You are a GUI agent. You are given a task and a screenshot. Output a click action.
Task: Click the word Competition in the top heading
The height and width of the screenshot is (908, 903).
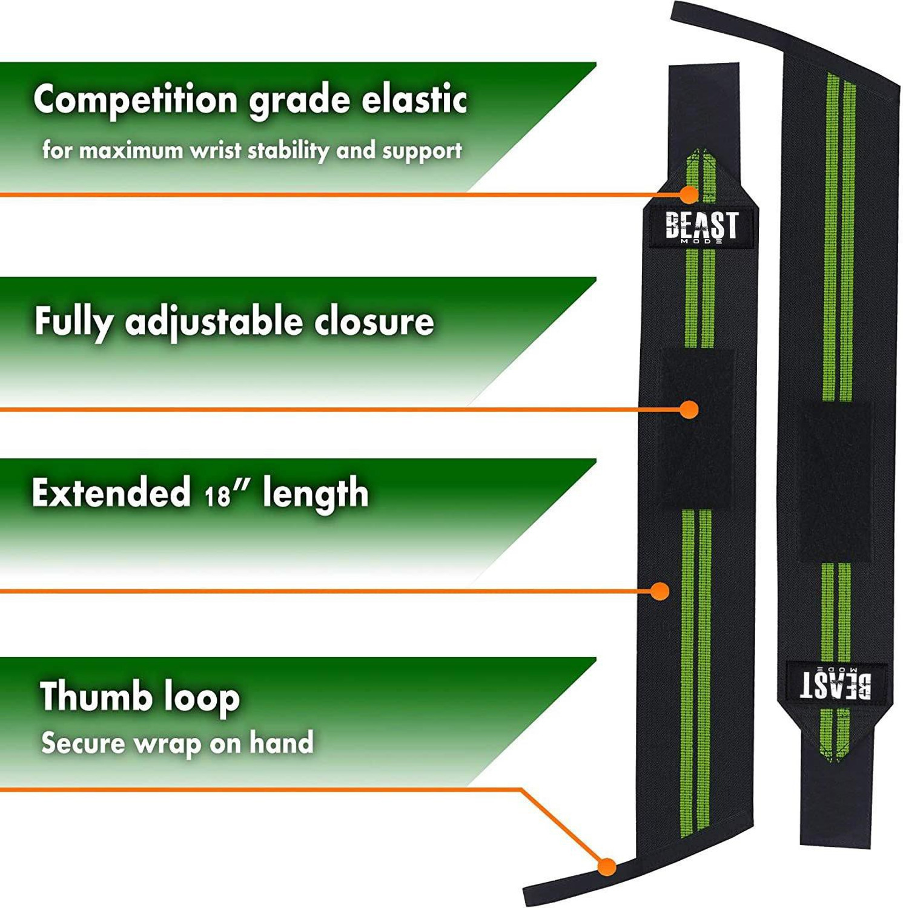[x=135, y=100]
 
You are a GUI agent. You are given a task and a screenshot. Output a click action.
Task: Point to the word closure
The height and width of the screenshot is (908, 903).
[x=374, y=321]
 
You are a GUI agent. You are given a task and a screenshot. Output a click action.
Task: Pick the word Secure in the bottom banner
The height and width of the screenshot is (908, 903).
[x=83, y=743]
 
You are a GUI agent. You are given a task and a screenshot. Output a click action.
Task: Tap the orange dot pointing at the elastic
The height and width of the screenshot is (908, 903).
[x=689, y=194]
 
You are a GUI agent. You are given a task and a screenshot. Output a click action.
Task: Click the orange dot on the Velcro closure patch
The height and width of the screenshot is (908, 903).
[x=689, y=410]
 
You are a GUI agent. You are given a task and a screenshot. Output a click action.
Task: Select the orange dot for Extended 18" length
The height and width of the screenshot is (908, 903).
[x=660, y=591]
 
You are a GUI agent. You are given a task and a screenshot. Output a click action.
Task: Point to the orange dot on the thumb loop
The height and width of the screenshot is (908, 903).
[x=607, y=867]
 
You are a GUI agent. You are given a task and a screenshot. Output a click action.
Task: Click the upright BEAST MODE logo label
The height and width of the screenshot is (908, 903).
[x=701, y=226]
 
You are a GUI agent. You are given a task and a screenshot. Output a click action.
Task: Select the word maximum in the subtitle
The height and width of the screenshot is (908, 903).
[x=131, y=151]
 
